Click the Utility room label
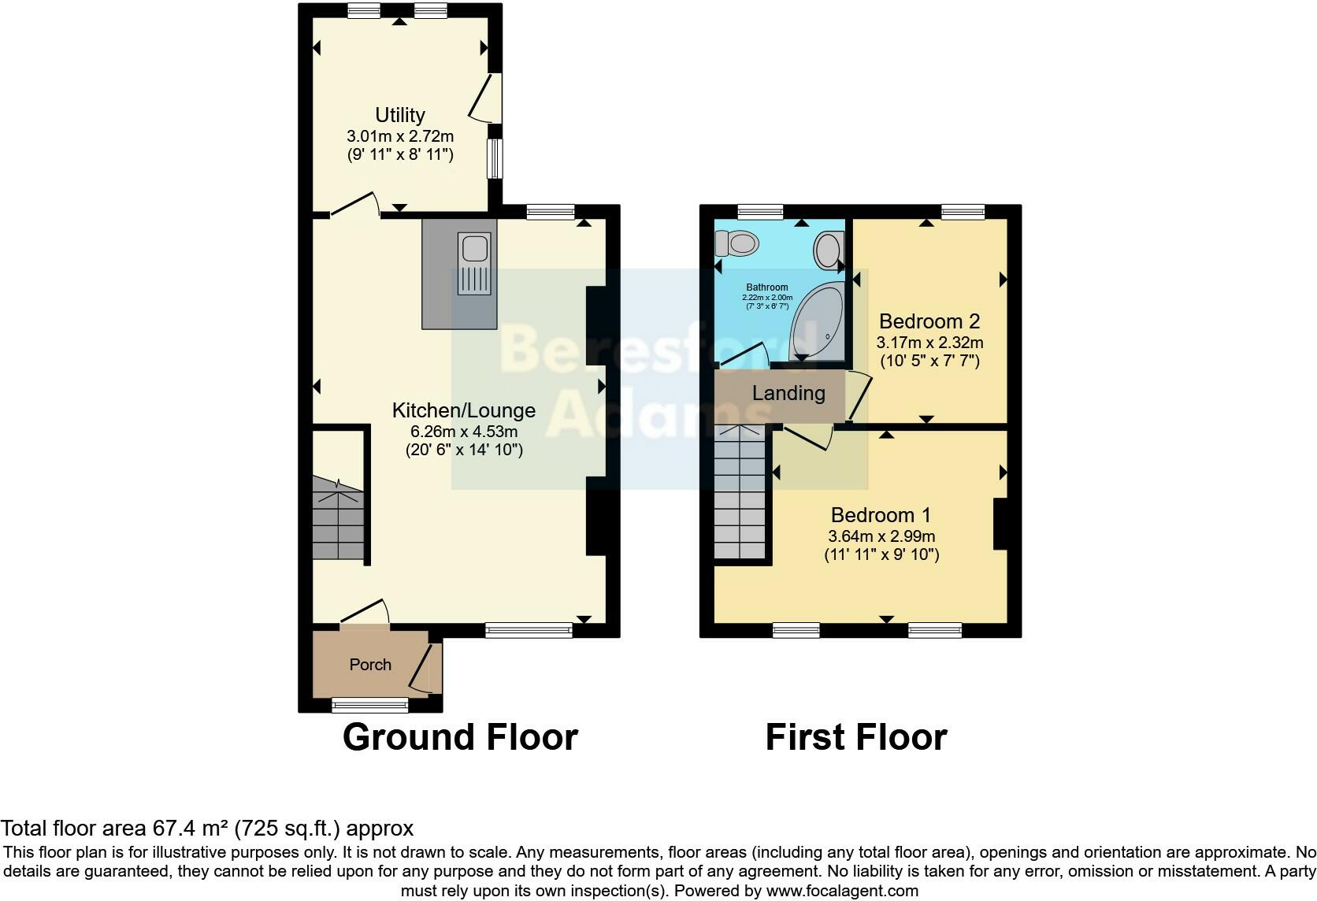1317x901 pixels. pyautogui.click(x=400, y=115)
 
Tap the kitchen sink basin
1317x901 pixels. pyautogui.click(x=475, y=249)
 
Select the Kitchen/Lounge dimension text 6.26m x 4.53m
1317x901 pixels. pyautogui.click(x=464, y=432)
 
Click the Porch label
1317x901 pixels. pyautogui.click(x=370, y=665)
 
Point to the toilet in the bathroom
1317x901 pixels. pyautogui.click(x=736, y=243)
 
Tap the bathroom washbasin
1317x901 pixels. pyautogui.click(x=827, y=250)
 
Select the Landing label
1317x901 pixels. pyautogui.click(x=788, y=393)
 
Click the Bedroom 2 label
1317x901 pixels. pyautogui.click(x=929, y=321)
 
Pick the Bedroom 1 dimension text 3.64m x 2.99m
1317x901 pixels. pyautogui.click(x=881, y=536)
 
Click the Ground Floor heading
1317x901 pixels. pyautogui.click(x=460, y=737)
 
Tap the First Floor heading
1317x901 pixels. pyautogui.click(x=856, y=737)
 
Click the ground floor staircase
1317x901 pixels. pyautogui.click(x=339, y=520)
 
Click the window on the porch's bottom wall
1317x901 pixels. pyautogui.click(x=370, y=704)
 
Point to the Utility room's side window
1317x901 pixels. pyautogui.click(x=495, y=159)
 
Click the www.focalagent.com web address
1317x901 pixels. pyautogui.click(x=842, y=892)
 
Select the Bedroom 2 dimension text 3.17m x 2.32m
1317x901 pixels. pyautogui.click(x=929, y=343)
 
